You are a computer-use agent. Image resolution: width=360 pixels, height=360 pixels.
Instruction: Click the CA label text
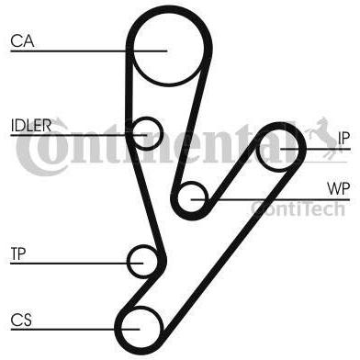pos(22,40)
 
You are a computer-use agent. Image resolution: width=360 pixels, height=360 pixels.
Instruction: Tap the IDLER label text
pos(31,125)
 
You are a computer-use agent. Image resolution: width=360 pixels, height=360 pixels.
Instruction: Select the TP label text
pos(18,253)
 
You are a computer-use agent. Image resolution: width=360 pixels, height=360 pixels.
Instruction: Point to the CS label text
pos(21,320)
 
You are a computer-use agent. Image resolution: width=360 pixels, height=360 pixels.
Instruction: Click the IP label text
pos(343,139)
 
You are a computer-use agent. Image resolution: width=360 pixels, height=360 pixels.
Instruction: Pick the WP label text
pos(338,188)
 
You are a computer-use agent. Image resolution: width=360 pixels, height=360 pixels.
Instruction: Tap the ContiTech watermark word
pos(298,208)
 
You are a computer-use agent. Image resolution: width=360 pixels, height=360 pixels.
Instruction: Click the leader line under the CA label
pos(89,51)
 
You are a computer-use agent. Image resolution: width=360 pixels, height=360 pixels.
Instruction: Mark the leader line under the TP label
pos(77,264)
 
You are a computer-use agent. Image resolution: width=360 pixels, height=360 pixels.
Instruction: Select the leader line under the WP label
pos(270,200)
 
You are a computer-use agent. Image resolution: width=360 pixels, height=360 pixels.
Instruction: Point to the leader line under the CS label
pos(75,330)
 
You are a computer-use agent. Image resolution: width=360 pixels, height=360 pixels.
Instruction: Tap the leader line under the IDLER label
pos(79,135)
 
